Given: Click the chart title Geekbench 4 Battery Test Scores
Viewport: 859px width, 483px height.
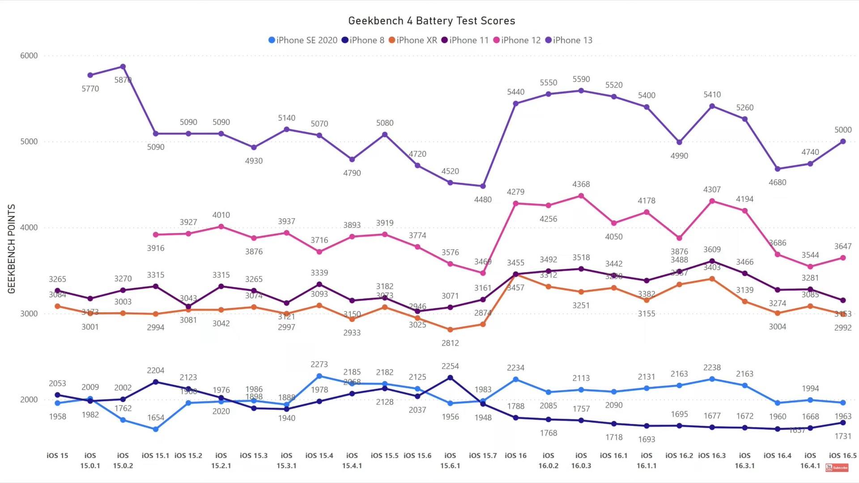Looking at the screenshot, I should point(431,21).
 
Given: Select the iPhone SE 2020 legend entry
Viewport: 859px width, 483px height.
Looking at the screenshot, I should point(303,40).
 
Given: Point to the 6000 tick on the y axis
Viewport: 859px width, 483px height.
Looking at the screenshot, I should point(29,55).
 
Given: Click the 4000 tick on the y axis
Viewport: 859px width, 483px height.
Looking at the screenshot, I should point(29,227).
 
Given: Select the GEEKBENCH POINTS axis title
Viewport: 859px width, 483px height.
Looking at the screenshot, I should point(12,249).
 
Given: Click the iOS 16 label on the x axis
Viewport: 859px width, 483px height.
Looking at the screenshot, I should point(515,455).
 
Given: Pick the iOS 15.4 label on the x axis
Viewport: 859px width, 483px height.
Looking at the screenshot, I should point(319,455).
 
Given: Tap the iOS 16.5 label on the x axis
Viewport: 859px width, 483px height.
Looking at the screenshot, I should point(842,455).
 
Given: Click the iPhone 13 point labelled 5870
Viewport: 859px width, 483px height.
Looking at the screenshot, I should point(123,67).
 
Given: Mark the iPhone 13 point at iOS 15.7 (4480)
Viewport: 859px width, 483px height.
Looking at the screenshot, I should point(483,186).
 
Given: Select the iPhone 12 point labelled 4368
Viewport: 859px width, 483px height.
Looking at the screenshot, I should point(581,196).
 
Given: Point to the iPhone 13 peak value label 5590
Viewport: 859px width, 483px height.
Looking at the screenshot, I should point(581,79).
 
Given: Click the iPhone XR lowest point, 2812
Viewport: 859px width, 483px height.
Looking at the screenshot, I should point(450,330).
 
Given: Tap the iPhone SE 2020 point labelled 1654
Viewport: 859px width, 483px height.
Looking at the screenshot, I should point(156,429).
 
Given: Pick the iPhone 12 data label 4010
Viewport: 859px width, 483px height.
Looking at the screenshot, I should point(221,215).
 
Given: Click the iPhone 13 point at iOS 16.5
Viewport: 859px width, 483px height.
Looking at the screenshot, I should point(843,141).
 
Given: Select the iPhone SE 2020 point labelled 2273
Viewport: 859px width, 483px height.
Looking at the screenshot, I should point(319,376).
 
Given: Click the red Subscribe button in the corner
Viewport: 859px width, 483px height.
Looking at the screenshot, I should point(837,468).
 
